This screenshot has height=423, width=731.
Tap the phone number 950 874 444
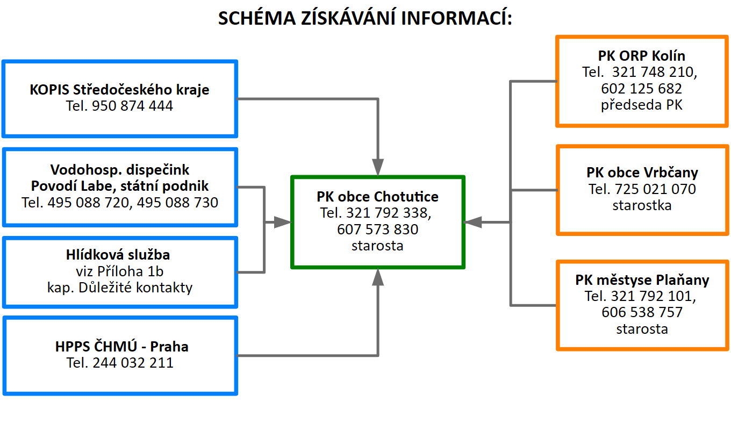tap(132, 106)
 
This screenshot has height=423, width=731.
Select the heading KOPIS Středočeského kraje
tap(119, 89)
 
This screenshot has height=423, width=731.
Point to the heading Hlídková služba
tap(118, 255)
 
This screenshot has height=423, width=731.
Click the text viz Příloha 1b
tap(120, 271)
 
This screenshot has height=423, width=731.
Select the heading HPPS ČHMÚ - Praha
tap(122, 346)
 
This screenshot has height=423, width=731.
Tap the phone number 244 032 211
tap(133, 363)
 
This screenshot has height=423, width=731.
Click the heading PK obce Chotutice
tap(377, 197)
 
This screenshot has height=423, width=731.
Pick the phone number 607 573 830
tap(377, 230)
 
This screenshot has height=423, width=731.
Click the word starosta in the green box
tap(377, 246)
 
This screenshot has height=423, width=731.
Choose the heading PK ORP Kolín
tap(641, 56)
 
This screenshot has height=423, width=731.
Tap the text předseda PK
tap(641, 105)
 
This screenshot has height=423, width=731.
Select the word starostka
tap(642, 205)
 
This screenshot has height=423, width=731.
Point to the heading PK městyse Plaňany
tap(642, 280)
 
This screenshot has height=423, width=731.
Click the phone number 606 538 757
tap(642, 312)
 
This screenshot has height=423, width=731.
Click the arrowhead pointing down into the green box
tap(378, 167)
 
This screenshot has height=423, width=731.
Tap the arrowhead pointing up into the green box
tap(378, 277)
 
